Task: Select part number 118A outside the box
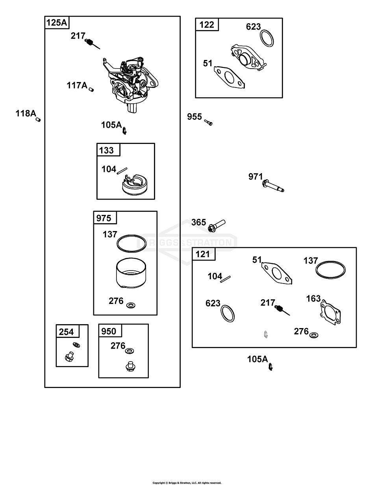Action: [26, 114]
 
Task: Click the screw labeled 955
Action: [208, 123]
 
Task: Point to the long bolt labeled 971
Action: [272, 186]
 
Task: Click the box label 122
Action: [207, 25]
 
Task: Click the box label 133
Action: [107, 150]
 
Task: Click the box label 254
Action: [66, 332]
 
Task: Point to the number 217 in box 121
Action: [267, 302]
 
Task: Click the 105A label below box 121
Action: [257, 359]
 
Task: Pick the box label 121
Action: [203, 254]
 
